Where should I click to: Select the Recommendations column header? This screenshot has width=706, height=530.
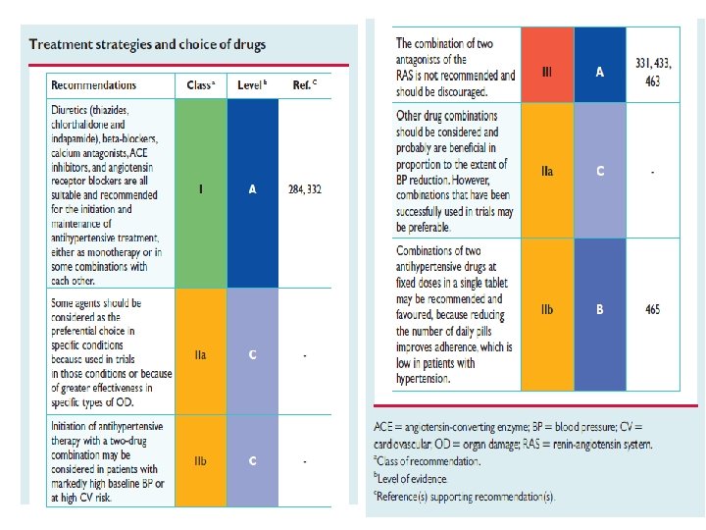point(94,85)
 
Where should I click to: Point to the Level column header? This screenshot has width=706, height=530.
point(252,85)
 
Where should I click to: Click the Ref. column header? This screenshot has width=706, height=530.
point(304,85)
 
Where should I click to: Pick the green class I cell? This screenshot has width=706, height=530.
point(200,190)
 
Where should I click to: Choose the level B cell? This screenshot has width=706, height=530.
point(599,310)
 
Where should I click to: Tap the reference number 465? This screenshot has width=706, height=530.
point(652,310)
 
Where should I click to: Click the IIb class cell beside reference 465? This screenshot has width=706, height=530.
point(547,310)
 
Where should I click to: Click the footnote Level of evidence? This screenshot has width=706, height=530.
point(412,478)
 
